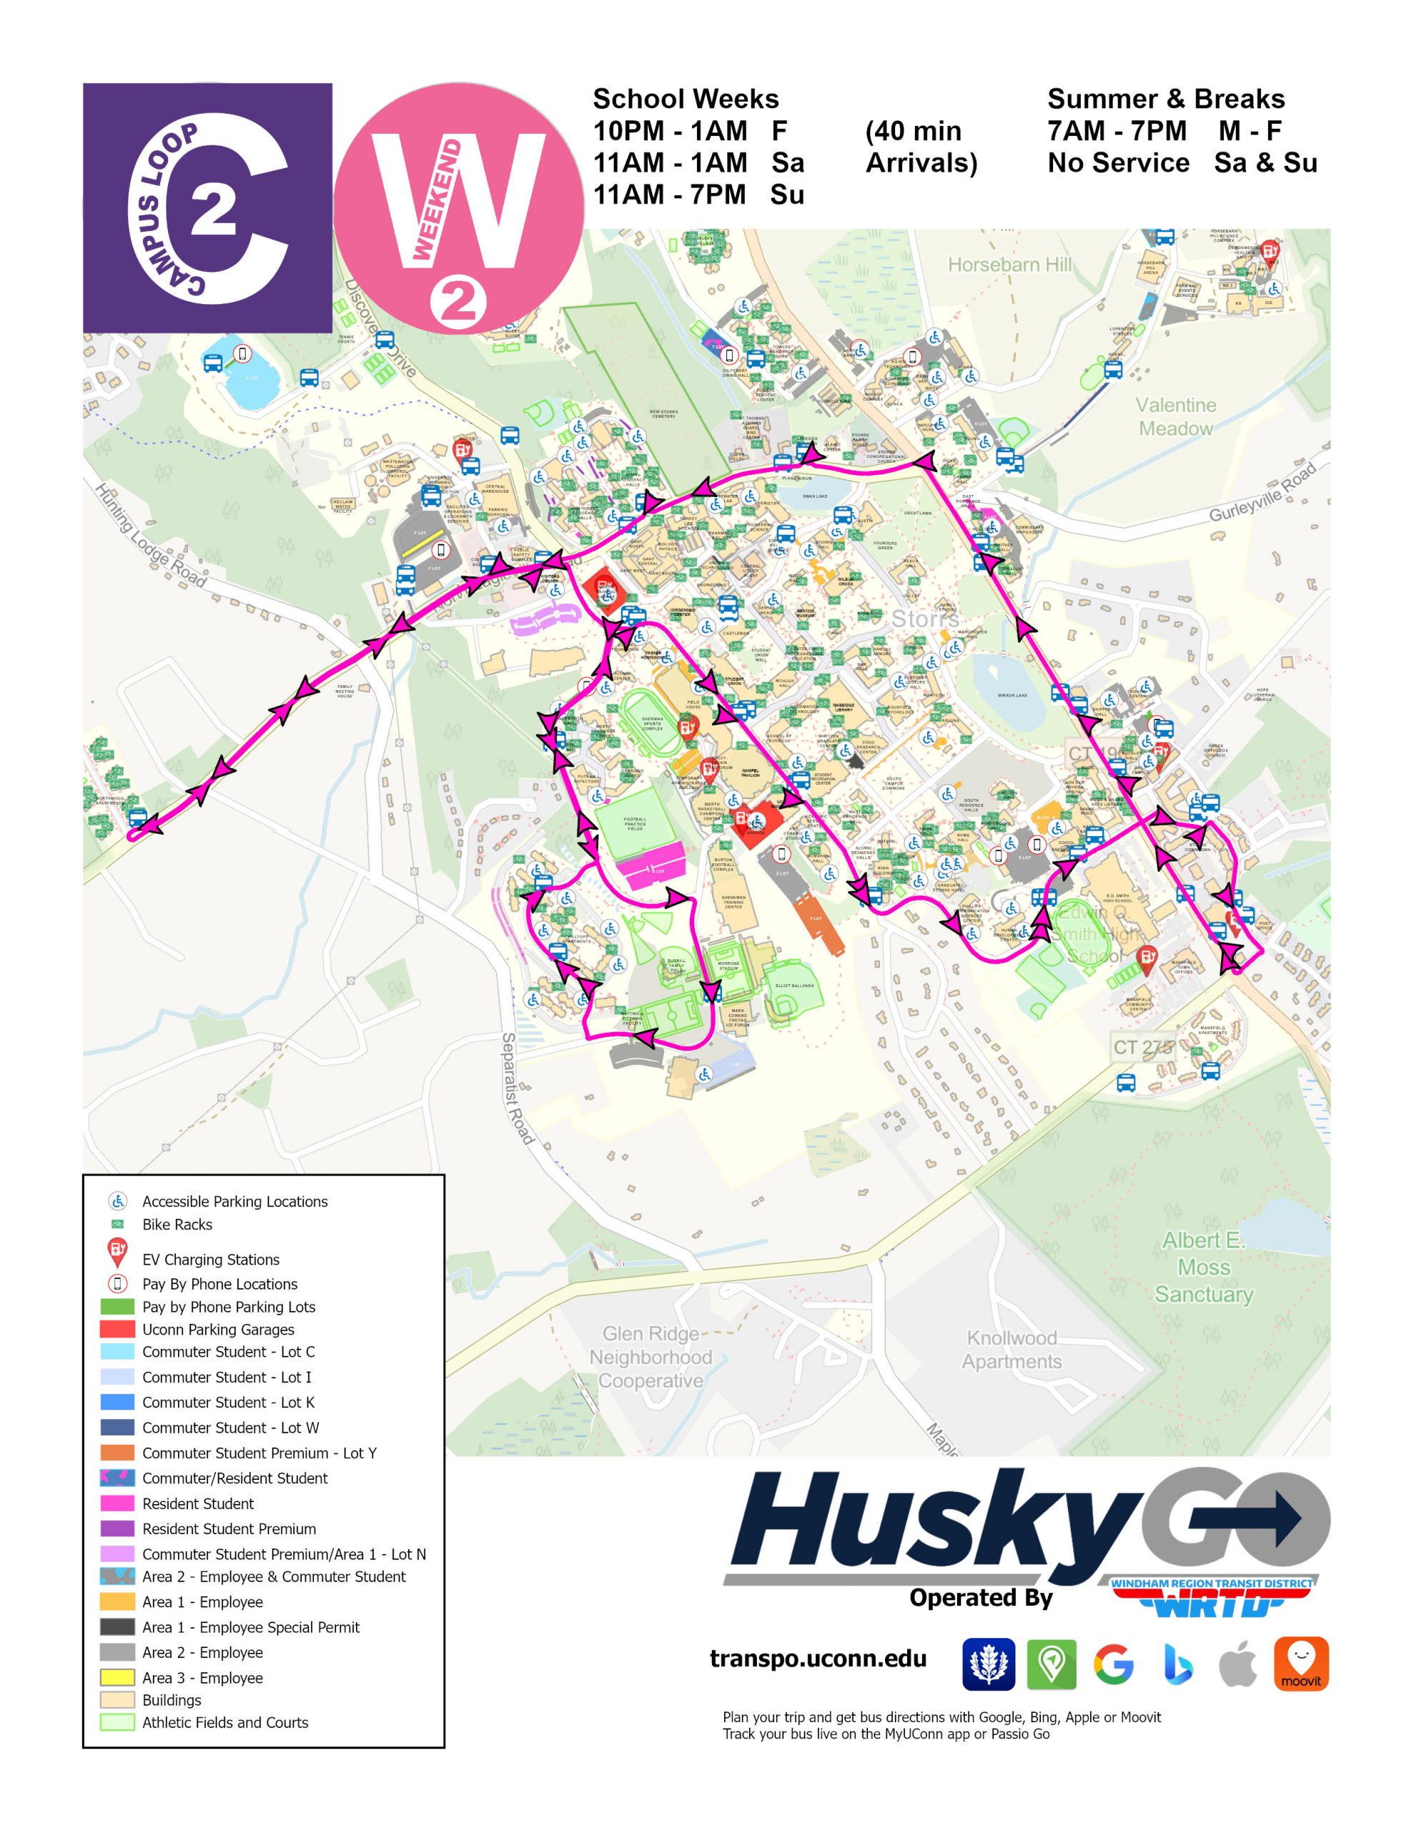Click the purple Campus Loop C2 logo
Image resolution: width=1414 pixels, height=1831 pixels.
point(207,207)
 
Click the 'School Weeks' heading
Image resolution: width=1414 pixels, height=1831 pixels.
point(685,99)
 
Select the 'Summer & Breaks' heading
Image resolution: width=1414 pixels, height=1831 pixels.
point(1165,99)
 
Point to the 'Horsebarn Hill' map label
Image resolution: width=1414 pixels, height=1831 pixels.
point(1009,265)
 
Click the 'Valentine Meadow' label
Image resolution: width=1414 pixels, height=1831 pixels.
point(1175,417)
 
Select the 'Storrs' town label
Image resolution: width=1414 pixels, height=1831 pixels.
point(924,619)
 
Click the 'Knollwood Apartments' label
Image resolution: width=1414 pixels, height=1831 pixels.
point(1011,1349)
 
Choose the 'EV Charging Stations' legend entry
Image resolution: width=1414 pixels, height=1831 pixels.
point(210,1260)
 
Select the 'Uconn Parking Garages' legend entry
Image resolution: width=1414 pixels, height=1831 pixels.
point(218,1329)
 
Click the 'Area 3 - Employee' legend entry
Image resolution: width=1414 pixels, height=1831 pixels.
point(202,1677)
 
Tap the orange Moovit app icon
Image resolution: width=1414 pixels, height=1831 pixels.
point(1301,1664)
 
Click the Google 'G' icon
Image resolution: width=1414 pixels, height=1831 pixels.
point(1113,1664)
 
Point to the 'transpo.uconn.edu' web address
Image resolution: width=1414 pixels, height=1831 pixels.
point(817,1659)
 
